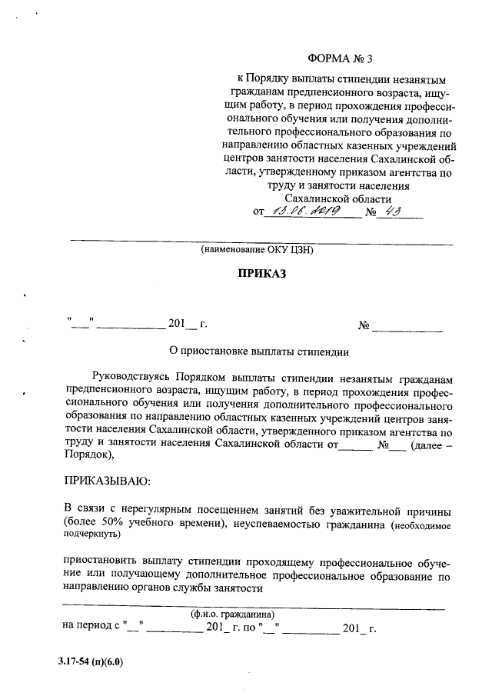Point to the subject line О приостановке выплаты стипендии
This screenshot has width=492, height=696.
click(258, 352)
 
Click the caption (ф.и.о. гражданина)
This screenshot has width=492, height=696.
click(232, 614)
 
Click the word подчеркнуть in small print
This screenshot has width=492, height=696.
click(90, 534)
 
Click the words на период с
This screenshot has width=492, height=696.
click(91, 628)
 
